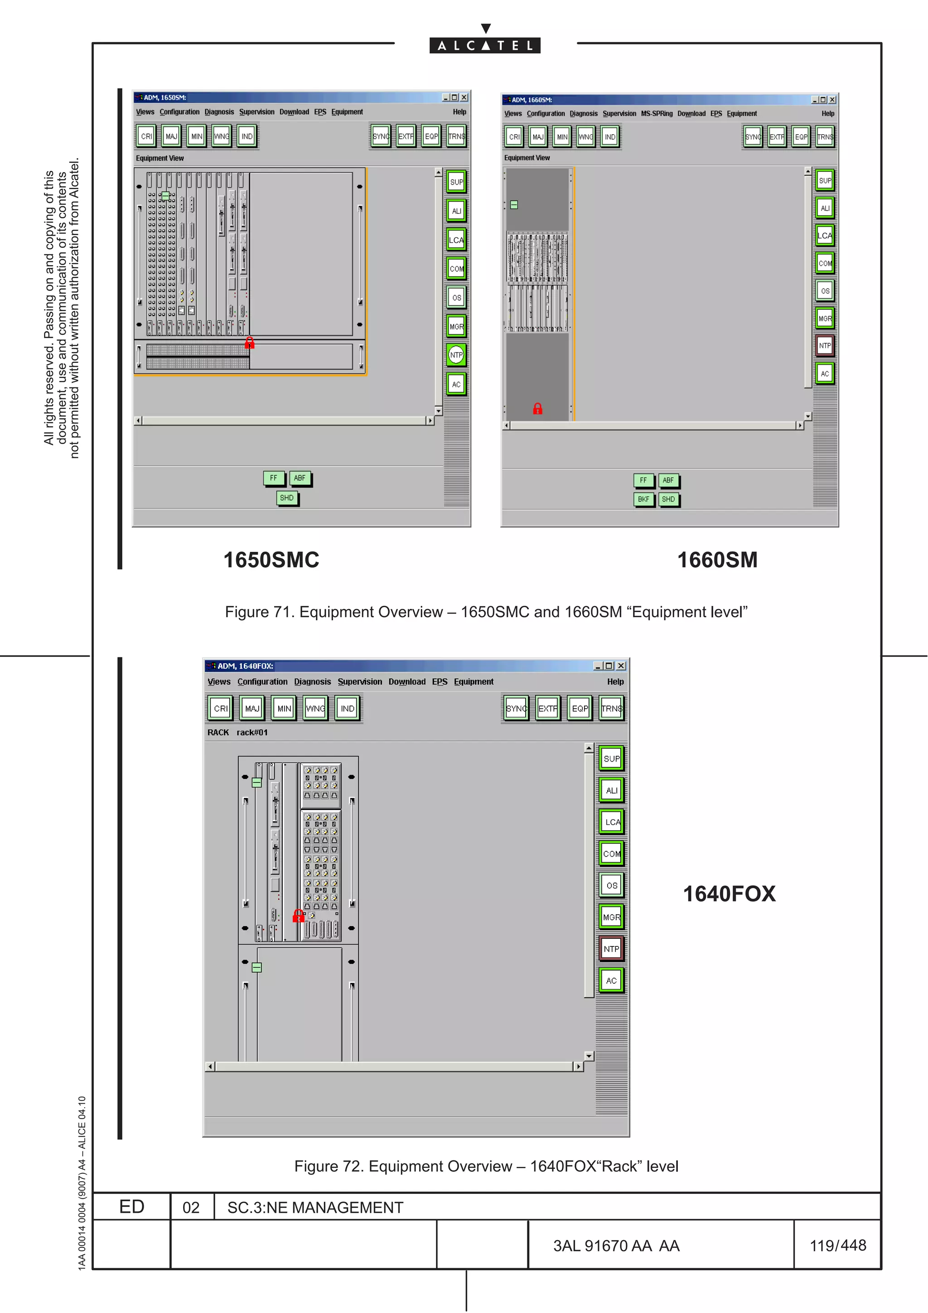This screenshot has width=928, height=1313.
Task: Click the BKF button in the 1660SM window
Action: click(643, 499)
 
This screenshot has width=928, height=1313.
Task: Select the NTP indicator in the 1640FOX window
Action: click(611, 949)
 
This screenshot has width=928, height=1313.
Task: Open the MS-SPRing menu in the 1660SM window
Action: click(657, 114)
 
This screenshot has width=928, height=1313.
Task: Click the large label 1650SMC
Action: click(271, 560)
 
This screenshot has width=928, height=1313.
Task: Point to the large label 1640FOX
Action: click(729, 894)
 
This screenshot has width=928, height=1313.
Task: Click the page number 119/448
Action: click(838, 1245)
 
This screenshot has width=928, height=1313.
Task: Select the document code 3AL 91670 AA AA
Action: click(616, 1245)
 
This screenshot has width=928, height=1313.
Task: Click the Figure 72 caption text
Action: click(486, 1166)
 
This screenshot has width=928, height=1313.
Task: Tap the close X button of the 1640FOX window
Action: click(621, 666)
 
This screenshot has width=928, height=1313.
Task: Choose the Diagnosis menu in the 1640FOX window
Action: click(312, 682)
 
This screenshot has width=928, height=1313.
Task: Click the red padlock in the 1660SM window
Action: click(537, 408)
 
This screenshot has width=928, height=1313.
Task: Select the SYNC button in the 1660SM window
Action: click(753, 137)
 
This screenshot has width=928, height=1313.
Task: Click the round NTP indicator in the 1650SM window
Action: click(456, 355)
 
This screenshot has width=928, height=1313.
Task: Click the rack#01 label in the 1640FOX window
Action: click(251, 733)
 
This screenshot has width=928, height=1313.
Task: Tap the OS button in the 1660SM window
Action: click(825, 291)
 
